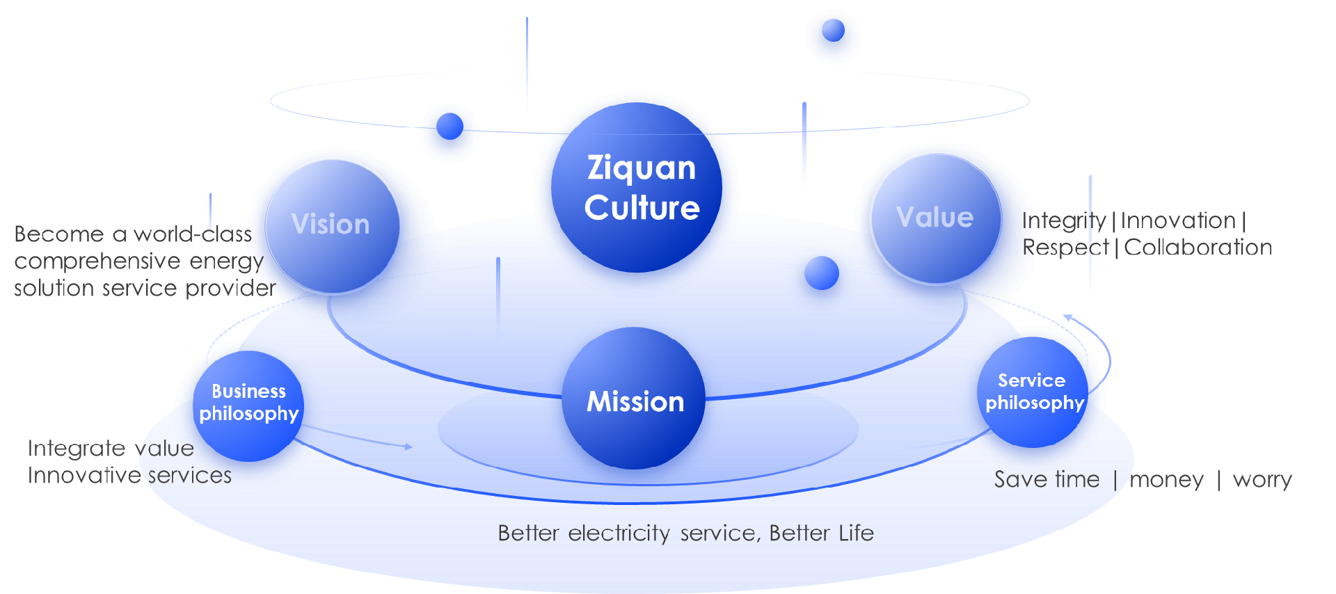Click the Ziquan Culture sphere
point(637,188)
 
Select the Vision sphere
point(332,227)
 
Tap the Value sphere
point(936,218)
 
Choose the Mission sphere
point(634,399)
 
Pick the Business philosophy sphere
point(248,406)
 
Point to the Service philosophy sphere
point(1033,392)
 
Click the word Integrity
point(1063,220)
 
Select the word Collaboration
point(1198,247)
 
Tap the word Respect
point(1065,247)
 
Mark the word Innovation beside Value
point(1177,220)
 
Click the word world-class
point(193,234)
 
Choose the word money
point(1166,479)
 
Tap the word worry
point(1262,479)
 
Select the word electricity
point(619,533)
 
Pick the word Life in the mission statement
point(856,533)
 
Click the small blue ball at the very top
point(833,30)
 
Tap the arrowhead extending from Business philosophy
point(409,447)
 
